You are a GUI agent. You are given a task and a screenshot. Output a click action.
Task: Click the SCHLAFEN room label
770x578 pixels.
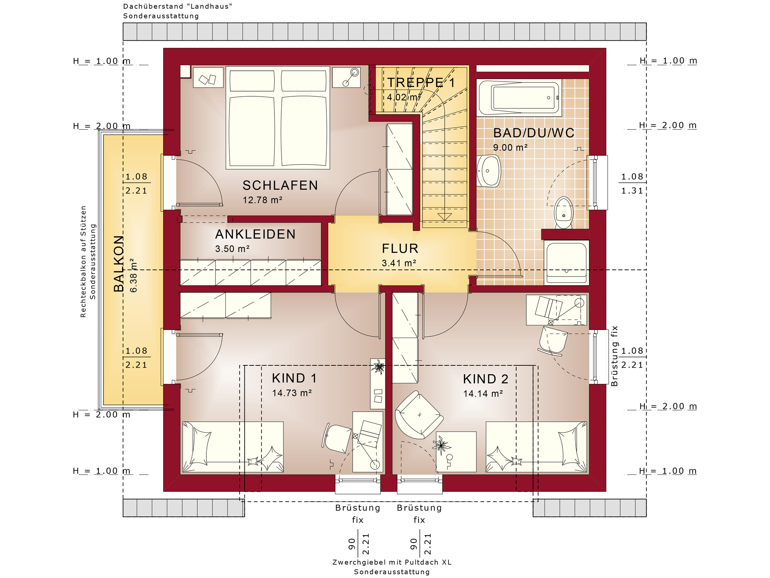tap(280, 185)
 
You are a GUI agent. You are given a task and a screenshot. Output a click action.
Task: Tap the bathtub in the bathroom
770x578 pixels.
tap(519, 97)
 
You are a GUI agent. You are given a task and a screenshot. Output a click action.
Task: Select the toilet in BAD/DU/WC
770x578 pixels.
tap(563, 213)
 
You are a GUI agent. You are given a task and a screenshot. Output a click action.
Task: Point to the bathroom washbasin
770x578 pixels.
tap(488, 171)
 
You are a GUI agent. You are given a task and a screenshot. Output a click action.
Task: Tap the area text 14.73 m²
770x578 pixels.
tap(292, 393)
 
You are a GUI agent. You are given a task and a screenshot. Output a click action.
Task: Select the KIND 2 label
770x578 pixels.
tap(485, 379)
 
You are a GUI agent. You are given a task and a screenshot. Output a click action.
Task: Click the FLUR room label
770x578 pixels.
tap(400, 248)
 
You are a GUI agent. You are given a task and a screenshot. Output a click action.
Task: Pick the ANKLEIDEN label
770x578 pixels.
tap(255, 234)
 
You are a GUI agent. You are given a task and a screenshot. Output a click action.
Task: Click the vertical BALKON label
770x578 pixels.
tap(119, 263)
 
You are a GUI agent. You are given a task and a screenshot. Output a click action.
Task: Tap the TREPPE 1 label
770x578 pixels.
tap(421, 82)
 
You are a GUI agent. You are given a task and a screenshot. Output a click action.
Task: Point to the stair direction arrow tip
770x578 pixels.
tap(445, 221)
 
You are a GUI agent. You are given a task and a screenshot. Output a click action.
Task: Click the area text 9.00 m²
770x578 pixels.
tap(510, 148)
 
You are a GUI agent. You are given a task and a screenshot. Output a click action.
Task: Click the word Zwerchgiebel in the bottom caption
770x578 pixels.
tap(359, 562)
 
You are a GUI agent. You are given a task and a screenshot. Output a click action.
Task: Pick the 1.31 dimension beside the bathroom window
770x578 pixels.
tap(632, 191)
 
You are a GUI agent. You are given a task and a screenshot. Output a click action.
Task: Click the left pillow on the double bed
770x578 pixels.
tap(252, 81)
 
